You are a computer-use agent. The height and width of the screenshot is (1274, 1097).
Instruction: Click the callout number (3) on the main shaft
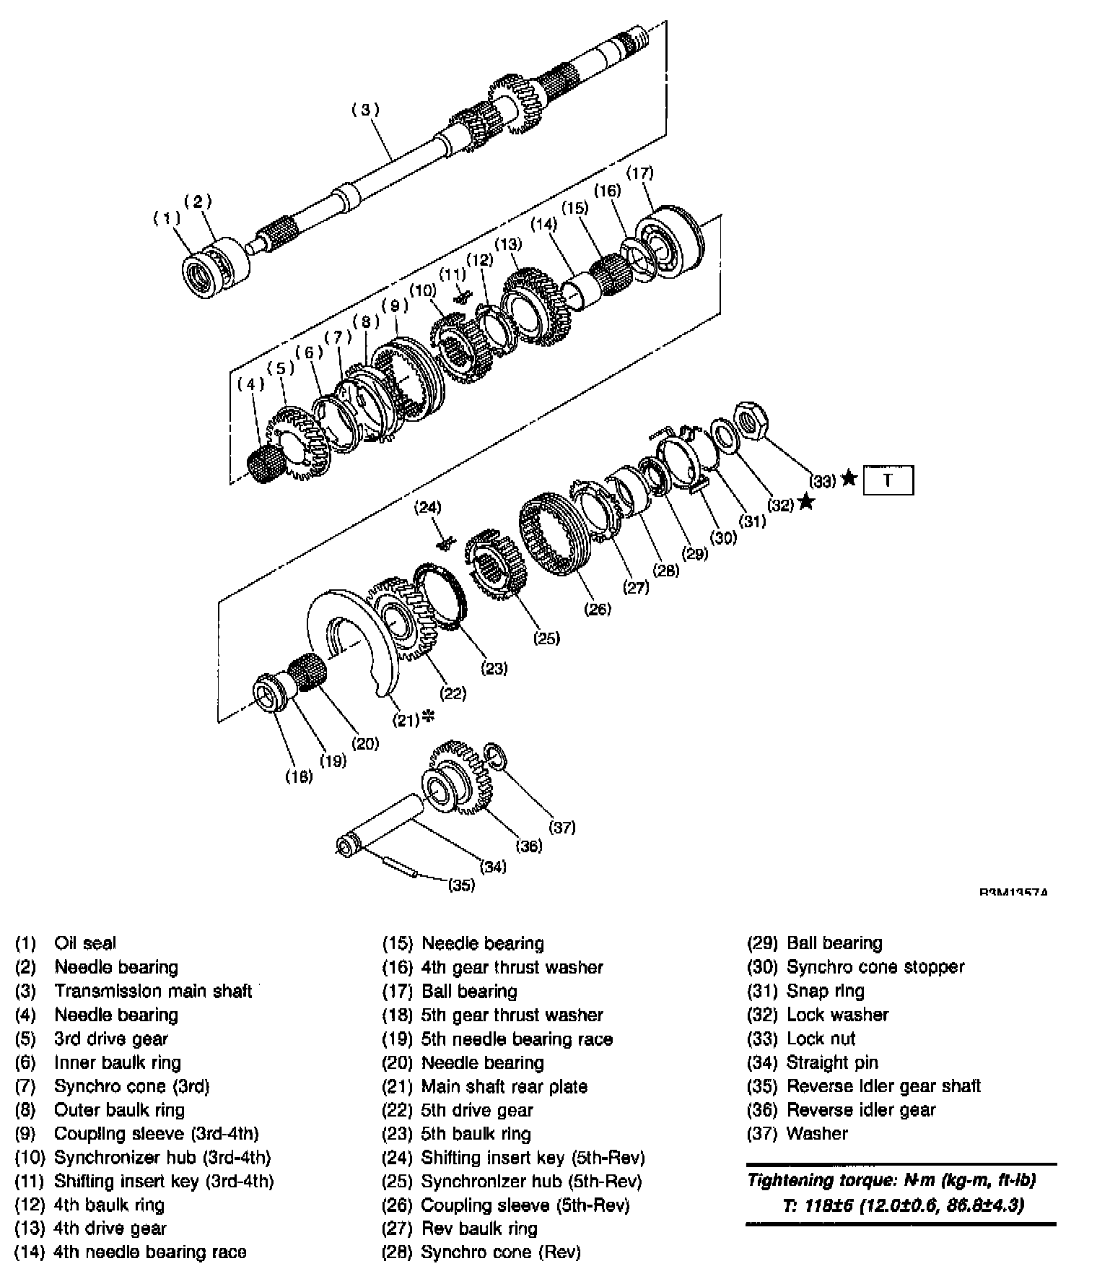(365, 110)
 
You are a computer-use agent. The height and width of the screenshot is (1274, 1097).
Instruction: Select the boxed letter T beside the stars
(888, 480)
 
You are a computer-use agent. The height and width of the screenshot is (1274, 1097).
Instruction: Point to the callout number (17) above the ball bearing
(639, 173)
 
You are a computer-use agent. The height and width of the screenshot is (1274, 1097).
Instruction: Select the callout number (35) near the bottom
(461, 885)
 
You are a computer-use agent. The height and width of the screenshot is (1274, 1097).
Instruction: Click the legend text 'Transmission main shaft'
(153, 991)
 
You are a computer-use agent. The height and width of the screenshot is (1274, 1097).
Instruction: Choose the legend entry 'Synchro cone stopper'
(875, 967)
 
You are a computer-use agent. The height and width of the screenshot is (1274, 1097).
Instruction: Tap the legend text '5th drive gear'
(477, 1110)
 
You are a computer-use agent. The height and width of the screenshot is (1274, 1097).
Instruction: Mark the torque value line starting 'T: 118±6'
(902, 1205)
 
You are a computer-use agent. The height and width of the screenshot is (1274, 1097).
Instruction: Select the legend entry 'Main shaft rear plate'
(504, 1086)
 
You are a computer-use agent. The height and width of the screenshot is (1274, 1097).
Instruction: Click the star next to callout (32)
(806, 502)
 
